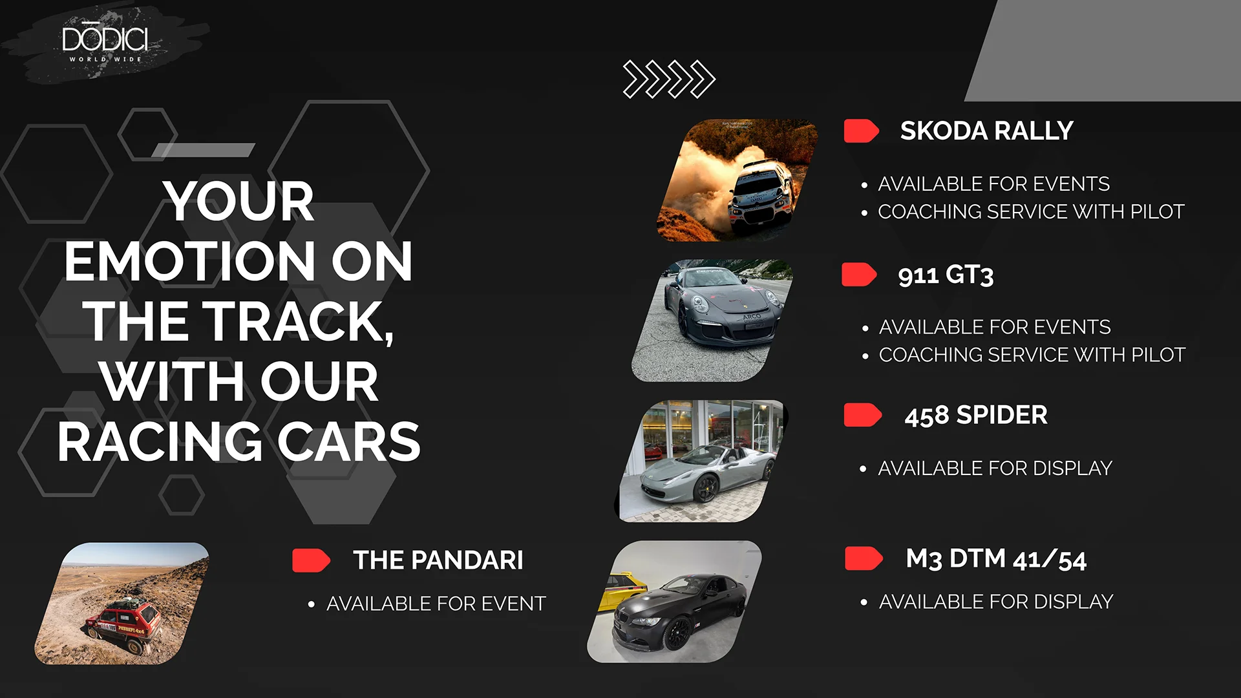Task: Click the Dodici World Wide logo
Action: pos(105,43)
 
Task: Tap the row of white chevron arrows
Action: pos(669,79)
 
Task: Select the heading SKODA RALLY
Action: pos(986,131)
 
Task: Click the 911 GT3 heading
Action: pos(946,275)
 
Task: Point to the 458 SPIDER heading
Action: pos(976,415)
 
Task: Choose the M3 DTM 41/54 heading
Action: pos(996,559)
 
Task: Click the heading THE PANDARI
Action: pos(438,560)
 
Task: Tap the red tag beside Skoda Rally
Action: pos(862,131)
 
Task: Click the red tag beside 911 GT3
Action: pos(859,275)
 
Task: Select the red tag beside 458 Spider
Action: pos(862,415)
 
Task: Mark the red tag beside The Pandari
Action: pos(311,560)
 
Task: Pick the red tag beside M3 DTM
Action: pos(864,558)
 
